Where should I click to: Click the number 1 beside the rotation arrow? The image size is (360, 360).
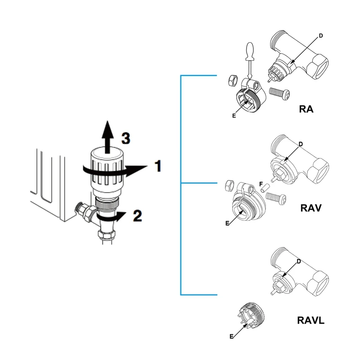tap(157, 166)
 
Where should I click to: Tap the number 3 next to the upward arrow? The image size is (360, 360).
tap(126, 138)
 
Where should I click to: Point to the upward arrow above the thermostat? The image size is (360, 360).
tap(107, 135)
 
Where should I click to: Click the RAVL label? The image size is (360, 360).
tap(311, 321)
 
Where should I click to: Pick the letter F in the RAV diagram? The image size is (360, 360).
tap(261, 184)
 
